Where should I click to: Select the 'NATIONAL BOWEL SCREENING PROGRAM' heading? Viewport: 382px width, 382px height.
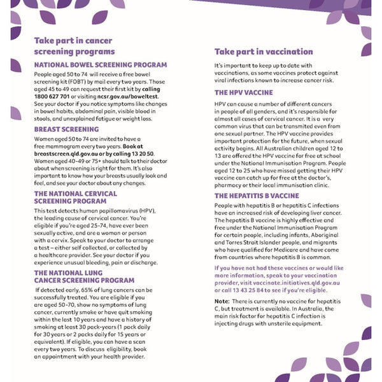point(100,65)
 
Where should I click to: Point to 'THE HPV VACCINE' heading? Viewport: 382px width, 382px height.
point(244,92)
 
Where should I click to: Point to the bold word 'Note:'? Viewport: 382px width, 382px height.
point(222,301)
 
